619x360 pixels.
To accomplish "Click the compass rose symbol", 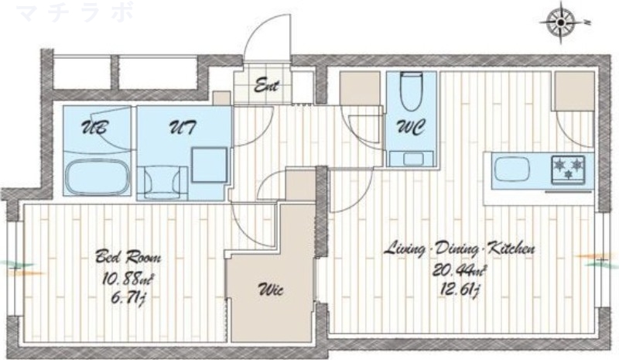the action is (x=561, y=23).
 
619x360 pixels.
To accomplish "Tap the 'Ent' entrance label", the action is (x=266, y=85).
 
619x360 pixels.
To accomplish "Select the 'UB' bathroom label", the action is (x=94, y=128).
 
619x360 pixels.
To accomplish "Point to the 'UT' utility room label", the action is (x=183, y=128).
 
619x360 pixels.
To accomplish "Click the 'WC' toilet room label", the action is (x=411, y=127).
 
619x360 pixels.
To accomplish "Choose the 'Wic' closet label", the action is (x=270, y=290).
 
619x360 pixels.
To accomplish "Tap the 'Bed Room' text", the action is (x=128, y=257).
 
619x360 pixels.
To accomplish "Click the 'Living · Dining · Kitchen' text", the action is (x=460, y=249).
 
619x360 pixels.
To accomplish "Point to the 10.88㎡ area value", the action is (x=127, y=279).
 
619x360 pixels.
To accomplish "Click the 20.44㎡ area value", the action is (x=460, y=271).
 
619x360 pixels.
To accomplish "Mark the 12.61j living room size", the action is (x=460, y=291).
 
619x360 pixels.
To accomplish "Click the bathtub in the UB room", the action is (x=98, y=177).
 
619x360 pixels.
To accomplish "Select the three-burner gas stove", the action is (x=568, y=169).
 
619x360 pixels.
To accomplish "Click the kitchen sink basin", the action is (x=511, y=170).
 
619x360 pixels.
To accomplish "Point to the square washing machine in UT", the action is (x=210, y=164).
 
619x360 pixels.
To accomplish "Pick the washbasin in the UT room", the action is (x=162, y=182).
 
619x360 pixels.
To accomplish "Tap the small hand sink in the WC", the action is (x=412, y=159).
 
